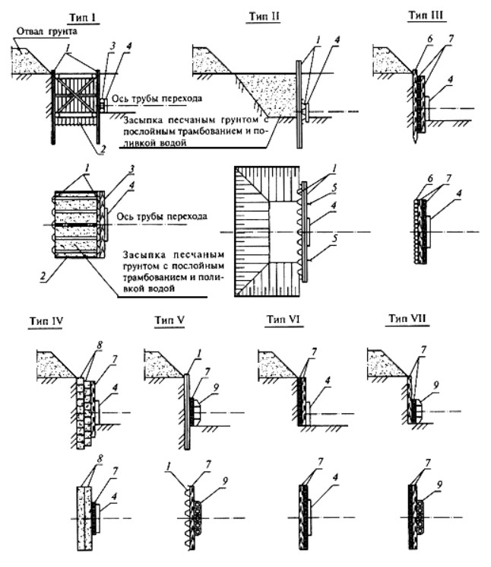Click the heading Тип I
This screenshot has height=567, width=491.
tap(83, 18)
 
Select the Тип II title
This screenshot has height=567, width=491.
tap(264, 16)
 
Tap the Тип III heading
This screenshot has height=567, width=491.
tap(426, 14)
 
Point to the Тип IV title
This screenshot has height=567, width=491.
tap(46, 321)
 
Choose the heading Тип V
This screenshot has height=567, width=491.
tap(169, 320)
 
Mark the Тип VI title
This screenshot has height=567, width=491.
tap(284, 320)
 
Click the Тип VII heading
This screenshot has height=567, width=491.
tap(407, 318)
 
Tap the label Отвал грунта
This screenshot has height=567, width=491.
tap(47, 31)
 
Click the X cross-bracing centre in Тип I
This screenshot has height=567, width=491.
tap(75, 93)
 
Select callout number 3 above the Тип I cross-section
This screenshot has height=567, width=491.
tap(112, 46)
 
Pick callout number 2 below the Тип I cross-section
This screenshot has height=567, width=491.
tap(103, 149)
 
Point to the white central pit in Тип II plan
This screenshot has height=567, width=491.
tap(284, 232)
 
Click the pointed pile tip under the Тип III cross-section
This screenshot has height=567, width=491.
tap(417, 140)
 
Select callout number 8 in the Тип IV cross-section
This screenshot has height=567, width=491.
tap(99, 345)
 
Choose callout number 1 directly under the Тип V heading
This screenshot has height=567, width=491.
tap(199, 353)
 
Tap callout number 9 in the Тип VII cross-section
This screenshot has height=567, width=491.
tap(436, 385)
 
